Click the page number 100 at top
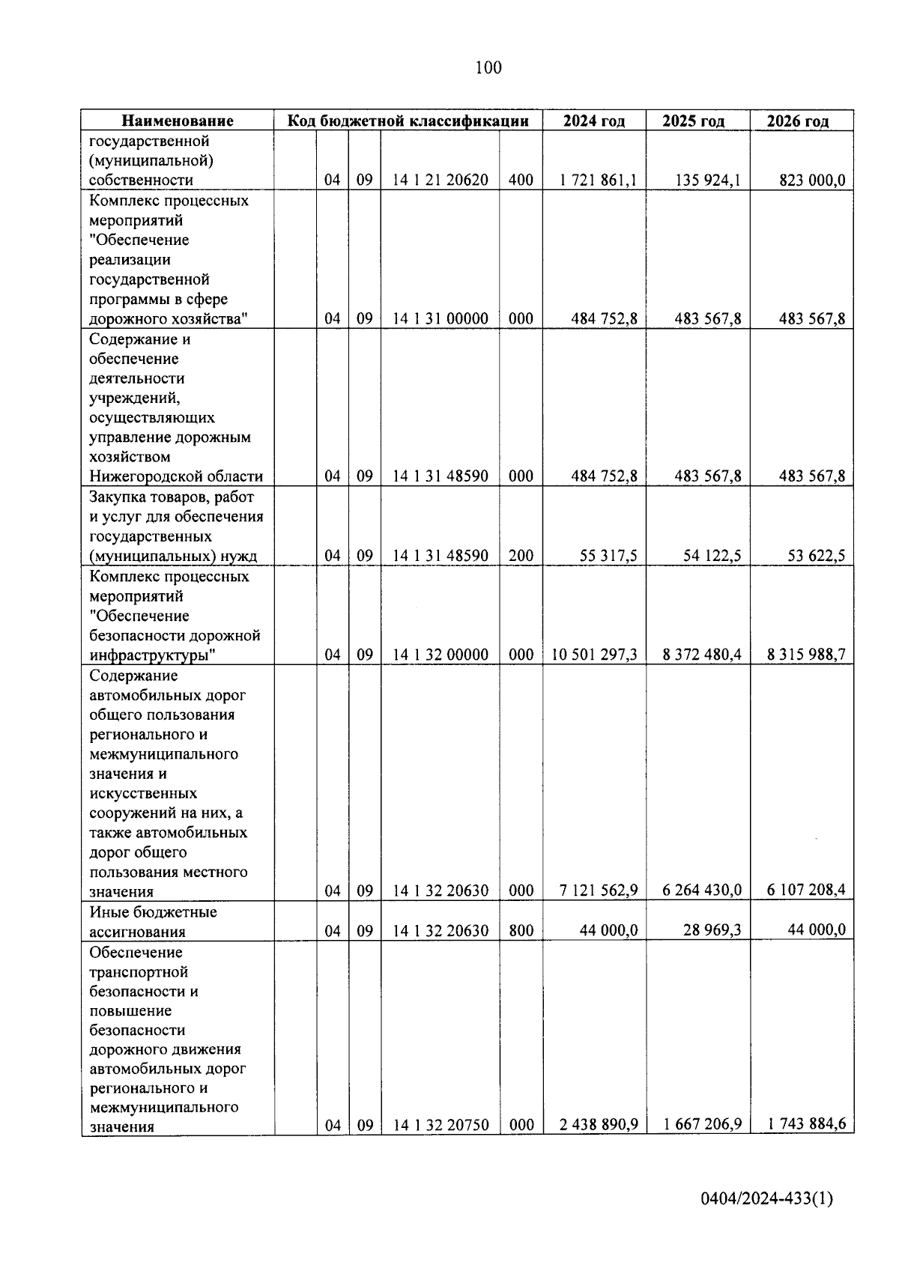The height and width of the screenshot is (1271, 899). (488, 68)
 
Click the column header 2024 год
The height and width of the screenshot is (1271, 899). (594, 121)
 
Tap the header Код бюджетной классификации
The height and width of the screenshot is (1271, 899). (409, 121)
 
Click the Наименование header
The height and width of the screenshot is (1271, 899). (178, 121)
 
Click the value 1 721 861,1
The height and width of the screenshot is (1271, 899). (599, 180)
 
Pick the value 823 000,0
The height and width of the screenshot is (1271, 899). (812, 180)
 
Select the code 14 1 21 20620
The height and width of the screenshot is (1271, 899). (441, 180)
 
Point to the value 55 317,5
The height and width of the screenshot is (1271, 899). (608, 556)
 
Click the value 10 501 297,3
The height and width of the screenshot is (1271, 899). (595, 655)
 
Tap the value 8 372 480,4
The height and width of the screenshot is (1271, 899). (702, 655)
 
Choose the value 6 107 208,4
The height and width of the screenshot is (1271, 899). (806, 890)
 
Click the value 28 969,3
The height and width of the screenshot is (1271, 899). (712, 929)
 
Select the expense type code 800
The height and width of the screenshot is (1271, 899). (521, 930)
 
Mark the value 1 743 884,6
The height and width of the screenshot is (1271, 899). (806, 1123)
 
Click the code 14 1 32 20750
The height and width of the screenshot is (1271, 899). (441, 1125)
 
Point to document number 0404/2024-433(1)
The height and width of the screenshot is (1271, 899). (766, 1199)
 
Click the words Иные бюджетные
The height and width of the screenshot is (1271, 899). (153, 912)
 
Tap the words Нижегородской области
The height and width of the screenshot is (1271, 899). (176, 476)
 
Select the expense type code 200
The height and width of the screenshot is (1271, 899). (521, 556)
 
